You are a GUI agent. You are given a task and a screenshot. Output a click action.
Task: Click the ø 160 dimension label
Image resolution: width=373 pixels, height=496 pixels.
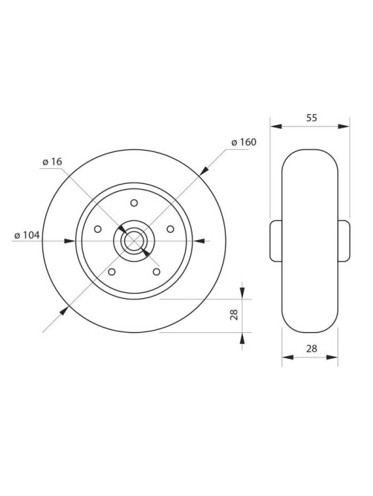click(244, 142)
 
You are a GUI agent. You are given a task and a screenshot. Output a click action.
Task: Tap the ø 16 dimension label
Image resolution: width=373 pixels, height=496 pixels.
click(52, 162)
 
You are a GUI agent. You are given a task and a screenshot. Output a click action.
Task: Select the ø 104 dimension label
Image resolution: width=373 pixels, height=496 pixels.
click(27, 235)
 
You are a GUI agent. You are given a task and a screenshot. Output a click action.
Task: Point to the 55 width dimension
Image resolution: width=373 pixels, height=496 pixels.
click(311, 118)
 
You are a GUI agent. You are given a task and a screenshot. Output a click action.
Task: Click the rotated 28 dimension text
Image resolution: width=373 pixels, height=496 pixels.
click(234, 315)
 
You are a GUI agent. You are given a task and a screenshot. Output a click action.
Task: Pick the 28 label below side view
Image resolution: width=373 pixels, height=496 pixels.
click(311, 348)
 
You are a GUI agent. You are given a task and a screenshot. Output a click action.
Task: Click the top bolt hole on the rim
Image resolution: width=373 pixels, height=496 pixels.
click(134, 202)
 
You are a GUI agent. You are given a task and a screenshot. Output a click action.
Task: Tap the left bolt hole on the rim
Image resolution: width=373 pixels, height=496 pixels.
click(98, 228)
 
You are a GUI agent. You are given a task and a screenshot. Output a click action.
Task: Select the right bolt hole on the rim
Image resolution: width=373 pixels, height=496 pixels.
click(170, 228)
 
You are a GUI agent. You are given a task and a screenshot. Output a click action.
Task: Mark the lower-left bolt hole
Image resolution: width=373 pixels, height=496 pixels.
click(111, 271)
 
